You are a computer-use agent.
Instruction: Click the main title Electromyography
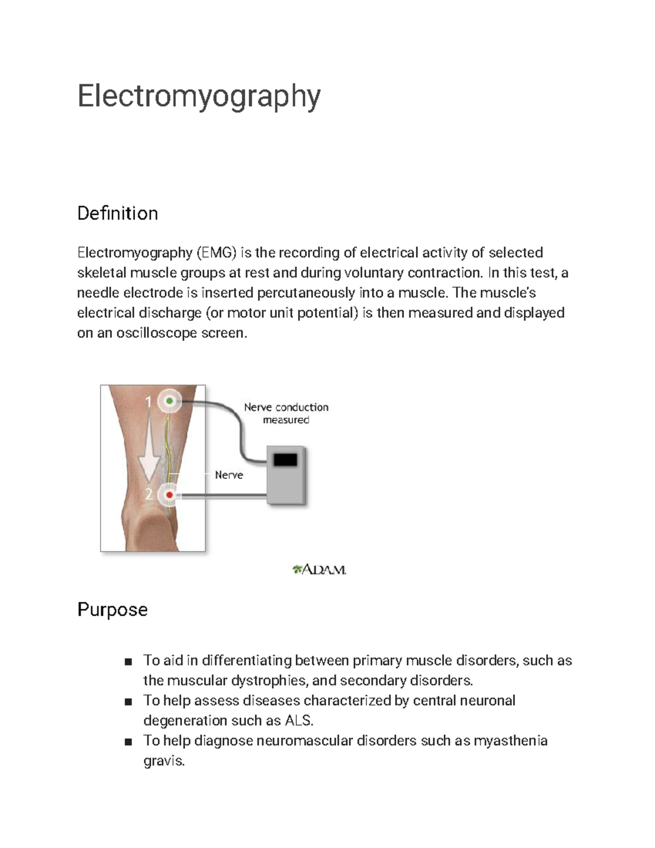[199, 96]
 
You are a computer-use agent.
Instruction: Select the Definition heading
[117, 213]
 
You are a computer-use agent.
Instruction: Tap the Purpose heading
[112, 609]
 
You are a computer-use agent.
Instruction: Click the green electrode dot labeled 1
[170, 401]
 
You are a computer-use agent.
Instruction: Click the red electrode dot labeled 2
[170, 495]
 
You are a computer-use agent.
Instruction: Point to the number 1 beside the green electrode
[148, 402]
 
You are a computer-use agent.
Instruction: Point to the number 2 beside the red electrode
[149, 494]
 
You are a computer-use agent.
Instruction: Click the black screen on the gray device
[285, 460]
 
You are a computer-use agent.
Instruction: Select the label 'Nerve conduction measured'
[286, 413]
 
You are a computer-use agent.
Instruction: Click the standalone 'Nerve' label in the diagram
[229, 475]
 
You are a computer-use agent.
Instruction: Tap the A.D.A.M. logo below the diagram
[319, 570]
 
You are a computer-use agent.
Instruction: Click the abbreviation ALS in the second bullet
[299, 721]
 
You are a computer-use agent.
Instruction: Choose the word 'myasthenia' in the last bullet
[510, 741]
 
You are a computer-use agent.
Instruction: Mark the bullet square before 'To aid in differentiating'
[128, 662]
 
